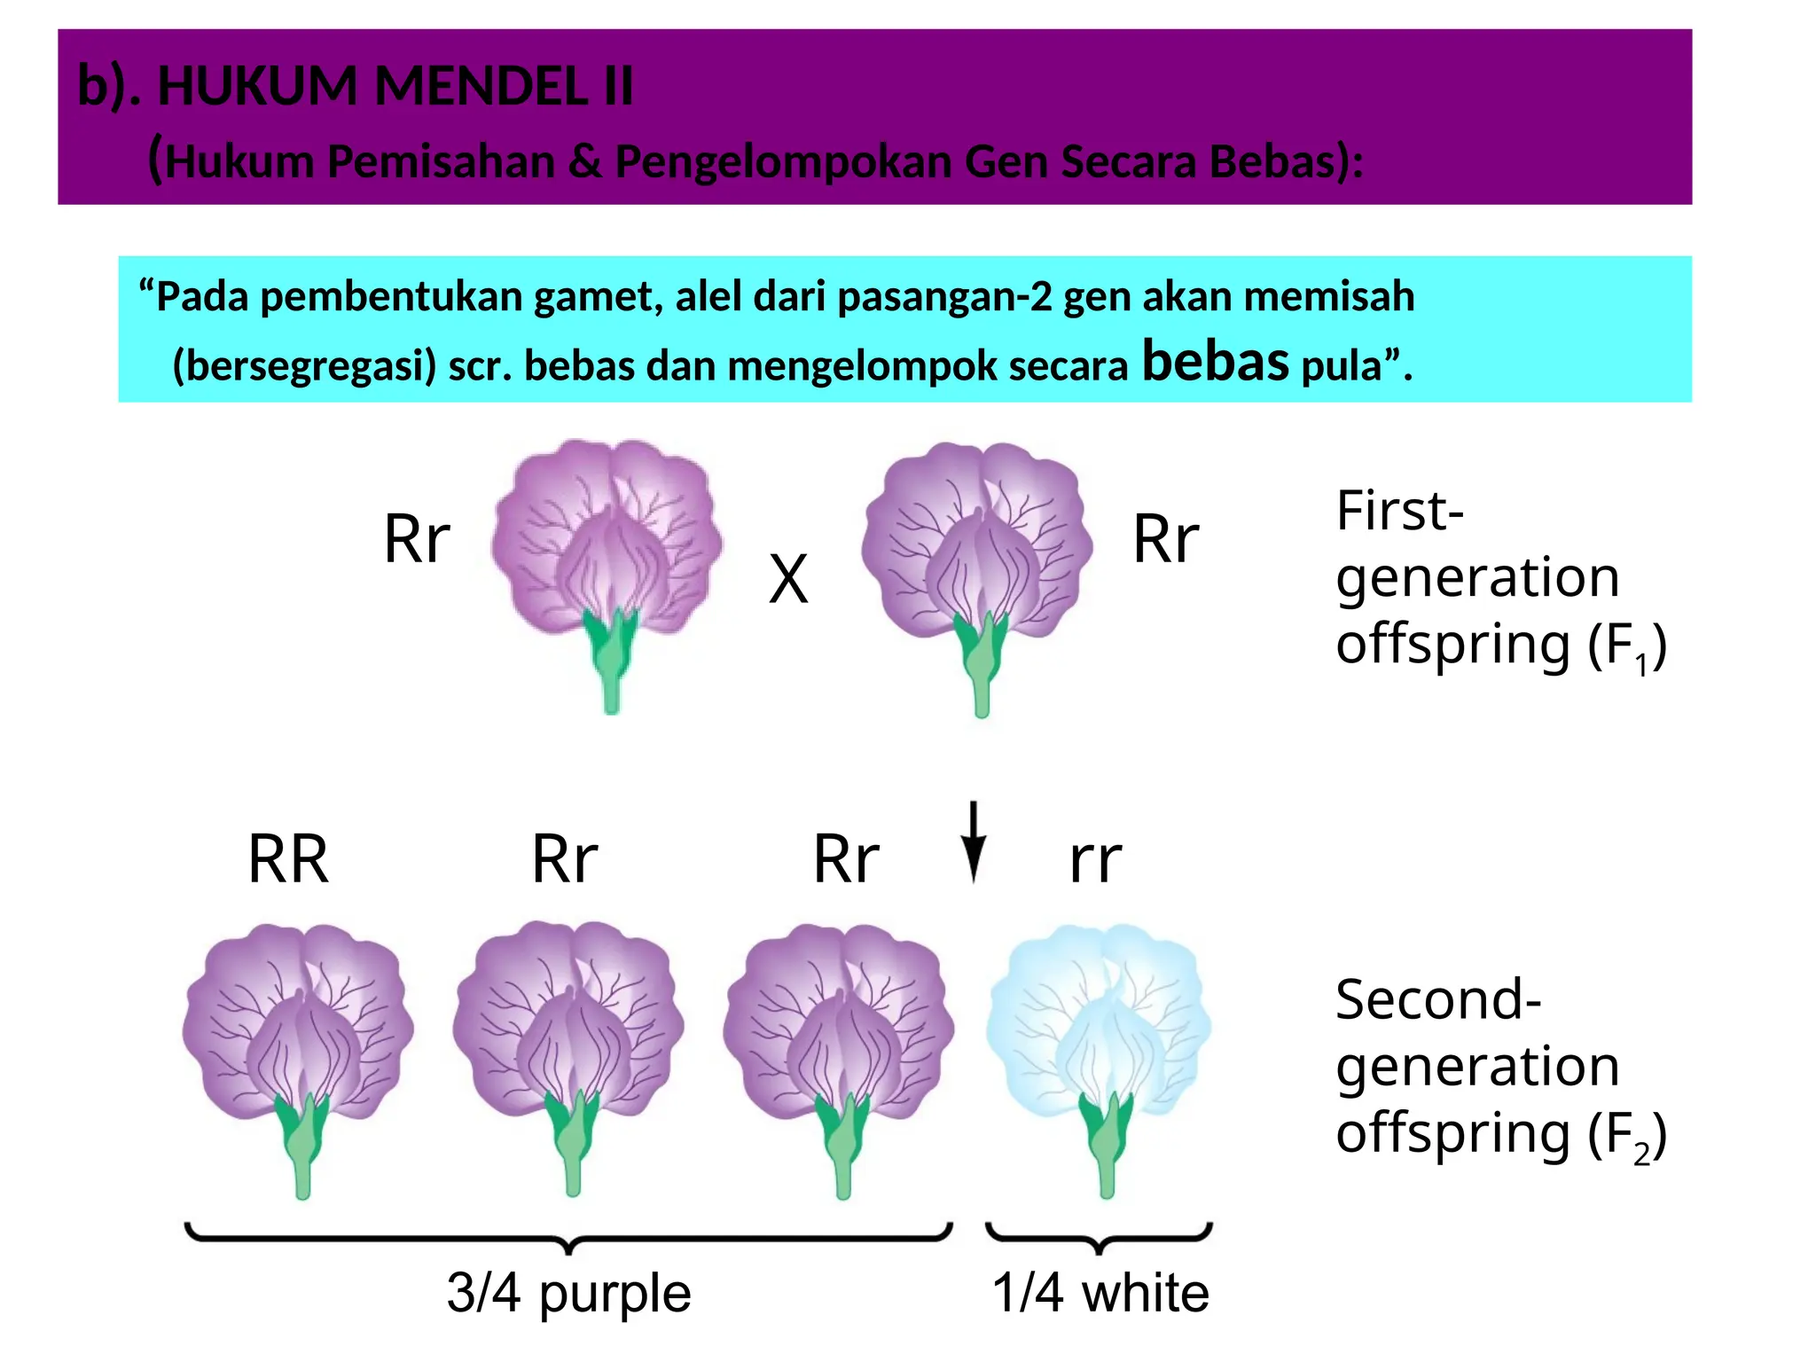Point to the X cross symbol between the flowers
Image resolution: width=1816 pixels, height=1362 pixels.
[788, 579]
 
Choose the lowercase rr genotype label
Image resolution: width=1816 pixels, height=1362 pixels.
[1096, 861]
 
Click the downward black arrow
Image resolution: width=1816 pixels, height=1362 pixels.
[974, 841]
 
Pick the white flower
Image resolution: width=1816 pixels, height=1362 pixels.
[1100, 1060]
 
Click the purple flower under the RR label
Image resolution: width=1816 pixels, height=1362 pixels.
[299, 1060]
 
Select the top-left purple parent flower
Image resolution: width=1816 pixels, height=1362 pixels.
[608, 576]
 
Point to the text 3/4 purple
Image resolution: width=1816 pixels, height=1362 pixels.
[568, 1293]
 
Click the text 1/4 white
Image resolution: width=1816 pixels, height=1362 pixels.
[1100, 1293]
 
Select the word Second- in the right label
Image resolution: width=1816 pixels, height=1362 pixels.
[1438, 999]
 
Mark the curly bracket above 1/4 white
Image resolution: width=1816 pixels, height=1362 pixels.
[1100, 1237]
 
